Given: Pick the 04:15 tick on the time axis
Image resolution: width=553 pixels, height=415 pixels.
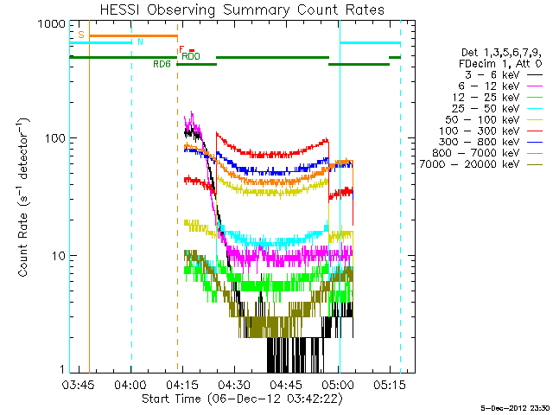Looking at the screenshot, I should pyautogui.click(x=182, y=383).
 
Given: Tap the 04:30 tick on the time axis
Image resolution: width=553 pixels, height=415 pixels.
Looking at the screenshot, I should pyautogui.click(x=234, y=383).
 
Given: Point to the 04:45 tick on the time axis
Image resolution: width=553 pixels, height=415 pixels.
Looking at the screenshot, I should pyautogui.click(x=286, y=383).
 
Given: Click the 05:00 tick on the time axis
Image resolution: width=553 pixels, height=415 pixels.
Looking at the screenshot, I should pyautogui.click(x=338, y=383).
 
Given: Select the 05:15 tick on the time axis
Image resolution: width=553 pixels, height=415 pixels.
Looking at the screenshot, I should pyautogui.click(x=390, y=383).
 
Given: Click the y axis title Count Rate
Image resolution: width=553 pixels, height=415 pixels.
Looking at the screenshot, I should pyautogui.click(x=26, y=199).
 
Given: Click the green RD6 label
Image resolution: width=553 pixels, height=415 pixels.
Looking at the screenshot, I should pyautogui.click(x=162, y=64).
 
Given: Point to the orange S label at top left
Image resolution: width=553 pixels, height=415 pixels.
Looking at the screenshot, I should pyautogui.click(x=80, y=35).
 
